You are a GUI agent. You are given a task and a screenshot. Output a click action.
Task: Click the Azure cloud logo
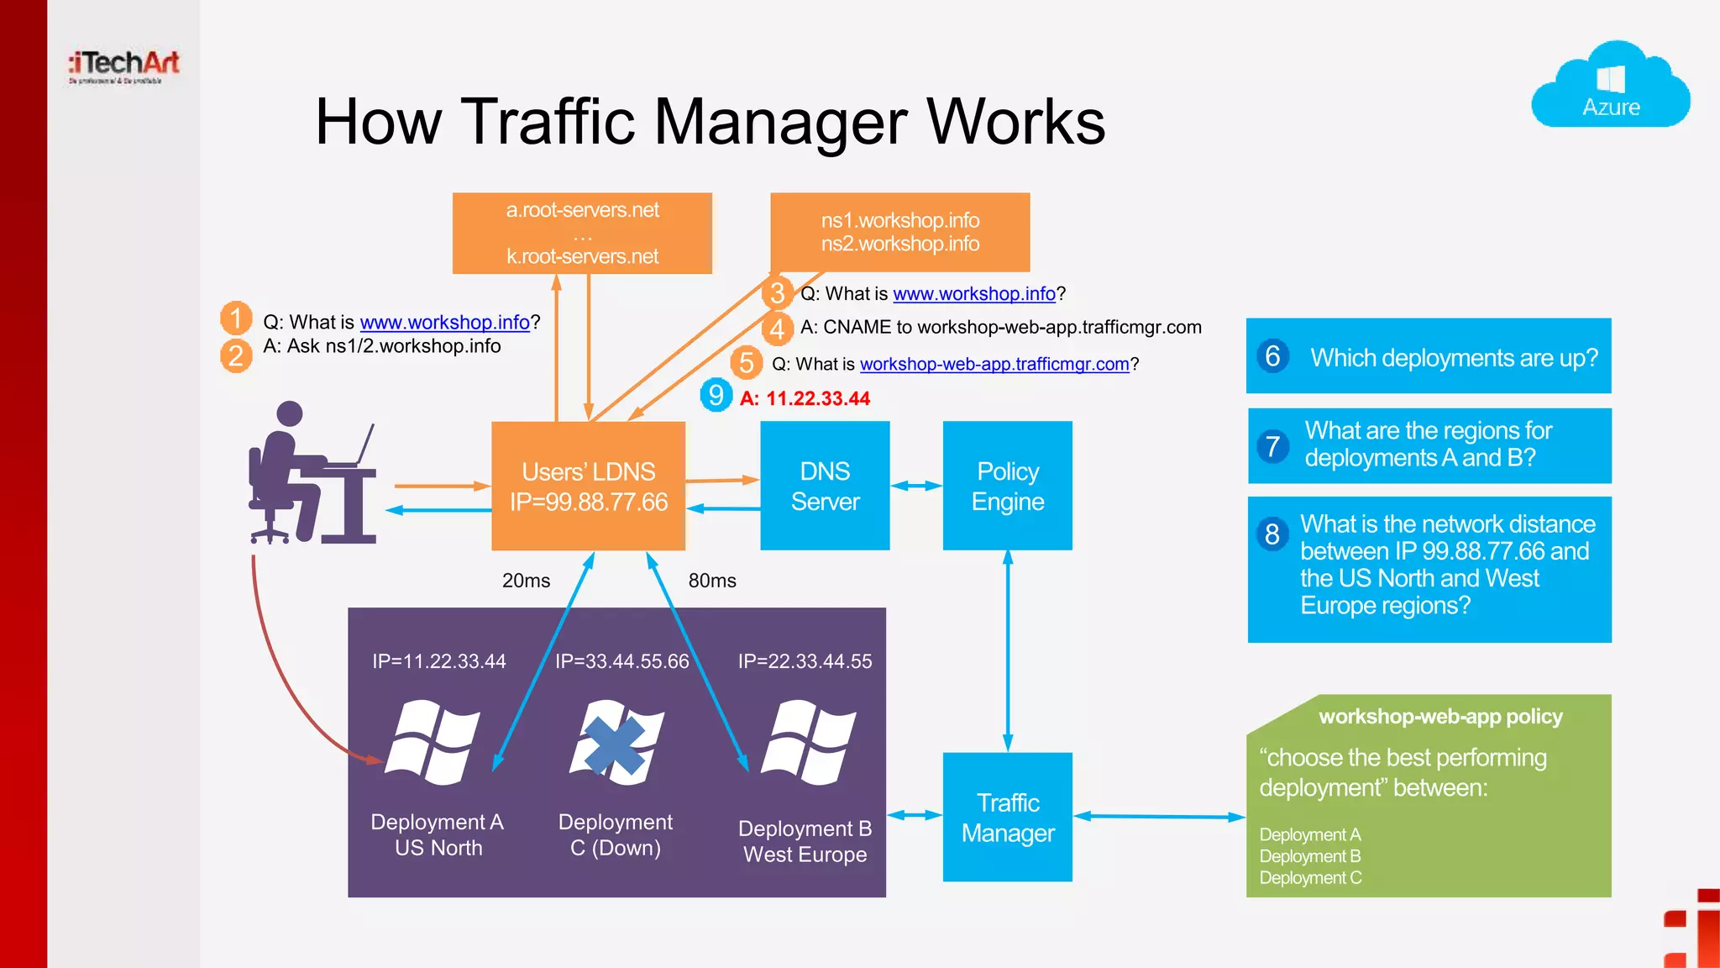pyautogui.click(x=1610, y=86)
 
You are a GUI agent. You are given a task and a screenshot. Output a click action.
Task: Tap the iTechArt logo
pyautogui.click(x=124, y=66)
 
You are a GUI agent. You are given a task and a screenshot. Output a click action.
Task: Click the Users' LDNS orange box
pyautogui.click(x=588, y=487)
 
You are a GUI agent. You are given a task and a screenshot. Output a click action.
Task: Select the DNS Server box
pyautogui.click(x=825, y=486)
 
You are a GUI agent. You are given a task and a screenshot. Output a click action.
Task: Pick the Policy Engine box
pyautogui.click(x=1007, y=486)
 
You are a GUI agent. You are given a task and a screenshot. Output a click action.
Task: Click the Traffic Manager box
pyautogui.click(x=1007, y=817)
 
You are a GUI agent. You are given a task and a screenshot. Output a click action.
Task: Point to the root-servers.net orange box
pyautogui.click(x=582, y=233)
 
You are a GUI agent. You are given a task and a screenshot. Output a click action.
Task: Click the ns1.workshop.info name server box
pyautogui.click(x=899, y=232)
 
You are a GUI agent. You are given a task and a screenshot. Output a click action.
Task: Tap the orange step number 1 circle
pyautogui.click(x=236, y=318)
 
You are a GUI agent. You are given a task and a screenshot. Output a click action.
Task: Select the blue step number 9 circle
pyautogui.click(x=716, y=395)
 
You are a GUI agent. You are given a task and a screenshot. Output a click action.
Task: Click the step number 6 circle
pyautogui.click(x=1272, y=356)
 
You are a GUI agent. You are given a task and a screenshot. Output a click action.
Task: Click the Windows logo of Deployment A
pyautogui.click(x=433, y=742)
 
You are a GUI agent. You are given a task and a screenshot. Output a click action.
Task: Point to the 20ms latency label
pyautogui.click(x=526, y=581)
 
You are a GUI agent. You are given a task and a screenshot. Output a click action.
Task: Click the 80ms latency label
pyautogui.click(x=712, y=581)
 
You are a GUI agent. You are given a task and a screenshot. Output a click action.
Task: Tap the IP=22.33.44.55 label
pyautogui.click(x=805, y=661)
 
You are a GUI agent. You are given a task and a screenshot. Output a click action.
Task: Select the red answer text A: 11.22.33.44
pyautogui.click(x=805, y=398)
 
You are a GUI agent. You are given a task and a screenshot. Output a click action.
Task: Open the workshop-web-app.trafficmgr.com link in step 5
pyautogui.click(x=994, y=364)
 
